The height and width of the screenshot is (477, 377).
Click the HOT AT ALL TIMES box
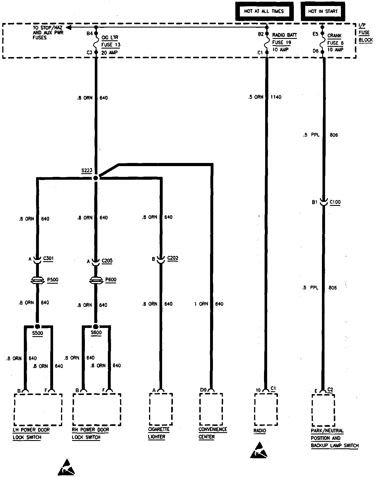click(264, 11)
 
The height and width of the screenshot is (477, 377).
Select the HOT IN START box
click(323, 11)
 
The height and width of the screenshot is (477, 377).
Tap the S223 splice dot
click(96, 178)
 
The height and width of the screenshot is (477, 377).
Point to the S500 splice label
click(37, 333)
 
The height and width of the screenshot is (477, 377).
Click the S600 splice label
click(96, 332)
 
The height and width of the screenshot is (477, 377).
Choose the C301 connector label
click(49, 258)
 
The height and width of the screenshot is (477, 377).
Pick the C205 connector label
click(107, 261)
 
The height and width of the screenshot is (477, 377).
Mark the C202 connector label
click(173, 258)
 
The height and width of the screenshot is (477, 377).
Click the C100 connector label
click(335, 202)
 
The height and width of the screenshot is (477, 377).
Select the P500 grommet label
click(53, 280)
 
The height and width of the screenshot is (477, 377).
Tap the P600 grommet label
click(111, 280)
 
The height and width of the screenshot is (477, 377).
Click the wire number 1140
click(276, 97)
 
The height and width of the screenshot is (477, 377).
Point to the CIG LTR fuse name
click(110, 37)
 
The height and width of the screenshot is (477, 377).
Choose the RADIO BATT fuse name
click(284, 35)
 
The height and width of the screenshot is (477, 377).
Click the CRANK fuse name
click(334, 35)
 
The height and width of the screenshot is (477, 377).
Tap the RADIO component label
click(260, 431)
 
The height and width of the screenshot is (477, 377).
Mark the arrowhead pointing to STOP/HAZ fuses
click(68, 28)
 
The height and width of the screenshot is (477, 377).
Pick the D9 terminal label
click(203, 390)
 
